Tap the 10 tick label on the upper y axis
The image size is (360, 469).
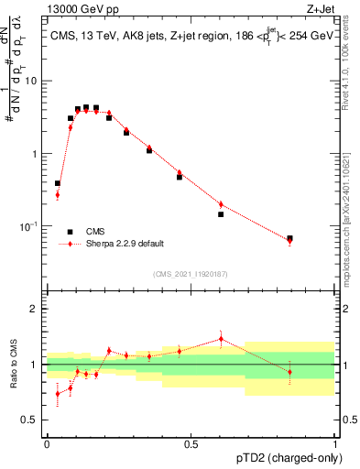click(x=32, y=81)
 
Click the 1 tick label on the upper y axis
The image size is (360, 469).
click(x=35, y=153)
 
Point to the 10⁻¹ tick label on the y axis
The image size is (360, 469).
click(x=30, y=225)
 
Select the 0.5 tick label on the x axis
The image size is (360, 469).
click(x=191, y=444)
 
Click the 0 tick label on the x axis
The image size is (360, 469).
click(x=47, y=444)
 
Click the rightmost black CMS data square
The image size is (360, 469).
click(x=289, y=238)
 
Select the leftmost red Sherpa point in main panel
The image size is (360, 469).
click(x=57, y=194)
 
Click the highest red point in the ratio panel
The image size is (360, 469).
click(x=221, y=339)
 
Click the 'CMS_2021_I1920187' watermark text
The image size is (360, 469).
click(x=190, y=273)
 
